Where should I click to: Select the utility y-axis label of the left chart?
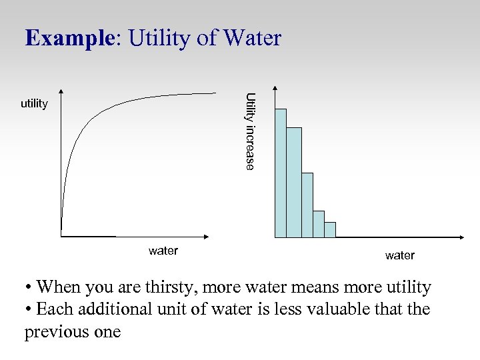coord(34,103)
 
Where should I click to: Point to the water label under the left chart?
coord(163,251)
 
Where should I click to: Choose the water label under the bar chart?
coord(400,255)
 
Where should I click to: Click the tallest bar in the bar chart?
coord(281,173)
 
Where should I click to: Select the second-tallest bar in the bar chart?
coord(293,182)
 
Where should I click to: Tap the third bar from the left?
coord(307,205)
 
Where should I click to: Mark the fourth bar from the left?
coord(319,224)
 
